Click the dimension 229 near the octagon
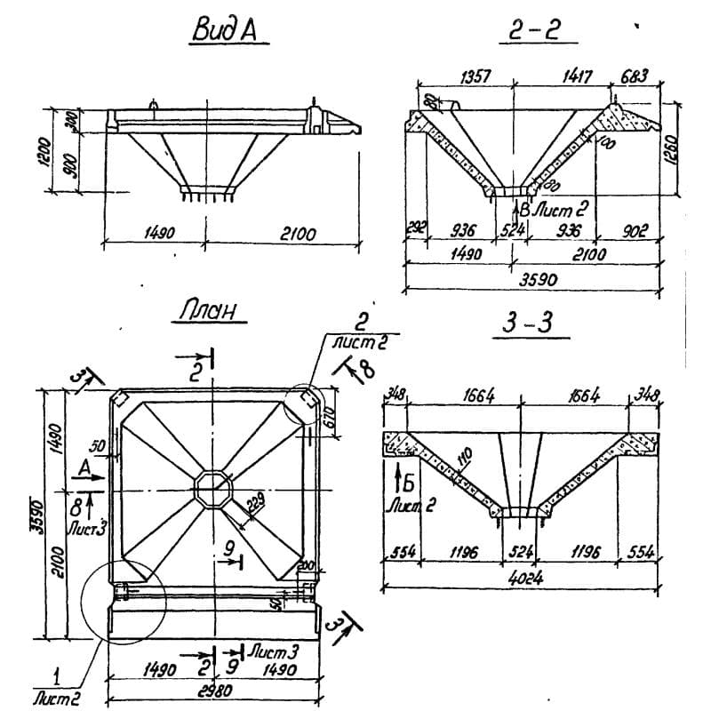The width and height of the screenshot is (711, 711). (x=255, y=504)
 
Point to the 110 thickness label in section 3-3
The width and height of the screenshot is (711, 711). (x=462, y=461)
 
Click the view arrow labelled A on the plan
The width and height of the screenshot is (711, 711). (x=85, y=467)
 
